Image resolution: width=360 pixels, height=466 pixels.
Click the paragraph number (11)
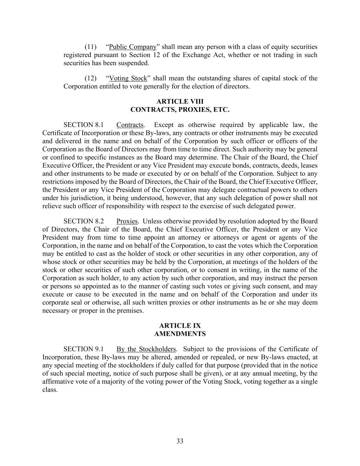point(90,47)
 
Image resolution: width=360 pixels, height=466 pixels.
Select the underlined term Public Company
point(132,47)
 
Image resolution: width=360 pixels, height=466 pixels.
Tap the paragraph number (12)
point(90,78)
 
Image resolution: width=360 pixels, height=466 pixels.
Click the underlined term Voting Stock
point(128,78)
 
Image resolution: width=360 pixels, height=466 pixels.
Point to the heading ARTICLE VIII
point(180,101)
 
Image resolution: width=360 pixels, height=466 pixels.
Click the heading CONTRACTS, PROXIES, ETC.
point(180,110)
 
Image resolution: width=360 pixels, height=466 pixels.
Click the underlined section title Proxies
point(127,221)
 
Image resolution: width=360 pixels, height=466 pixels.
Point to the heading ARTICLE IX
point(180,326)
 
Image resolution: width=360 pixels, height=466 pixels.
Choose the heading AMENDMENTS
point(180,334)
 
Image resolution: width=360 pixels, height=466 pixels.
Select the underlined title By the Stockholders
point(146,349)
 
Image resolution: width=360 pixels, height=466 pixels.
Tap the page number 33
point(180,441)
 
